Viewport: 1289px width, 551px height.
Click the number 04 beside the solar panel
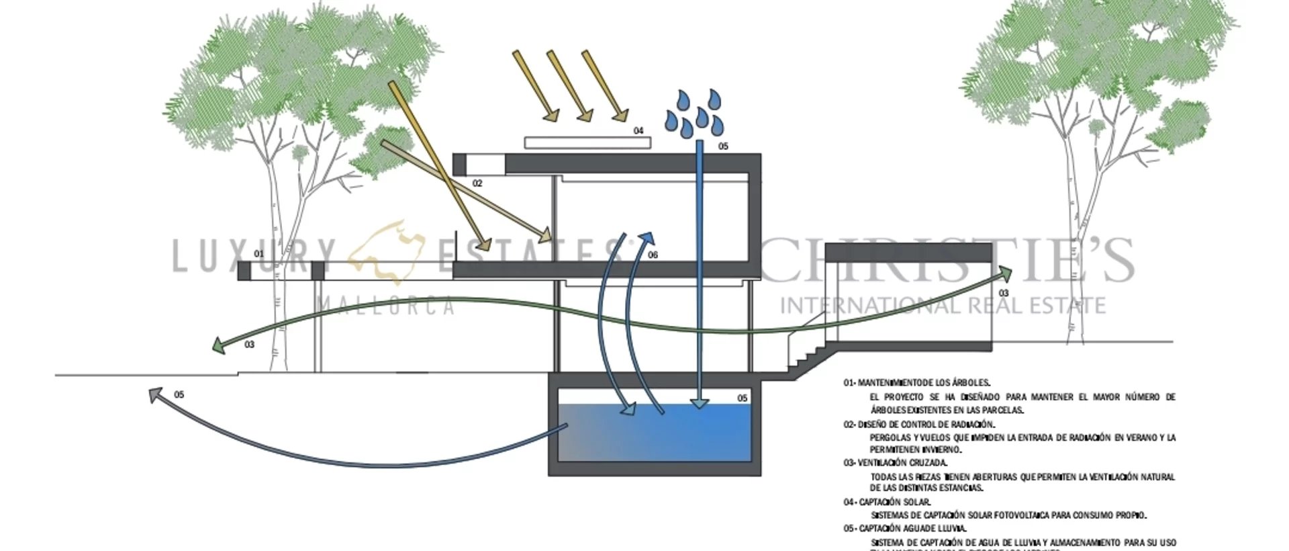(x=638, y=131)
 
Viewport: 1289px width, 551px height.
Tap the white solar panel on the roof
(x=587, y=142)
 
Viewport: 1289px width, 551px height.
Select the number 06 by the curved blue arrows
(x=653, y=255)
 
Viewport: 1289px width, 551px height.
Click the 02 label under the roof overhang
(x=477, y=183)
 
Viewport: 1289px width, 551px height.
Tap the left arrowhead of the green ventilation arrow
(x=217, y=345)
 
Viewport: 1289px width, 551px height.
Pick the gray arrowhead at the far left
(x=156, y=394)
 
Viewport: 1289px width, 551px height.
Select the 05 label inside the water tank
(x=742, y=398)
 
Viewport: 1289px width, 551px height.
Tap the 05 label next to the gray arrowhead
(x=179, y=395)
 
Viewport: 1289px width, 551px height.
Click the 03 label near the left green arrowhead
(x=250, y=345)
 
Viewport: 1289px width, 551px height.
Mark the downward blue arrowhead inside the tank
(x=700, y=403)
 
